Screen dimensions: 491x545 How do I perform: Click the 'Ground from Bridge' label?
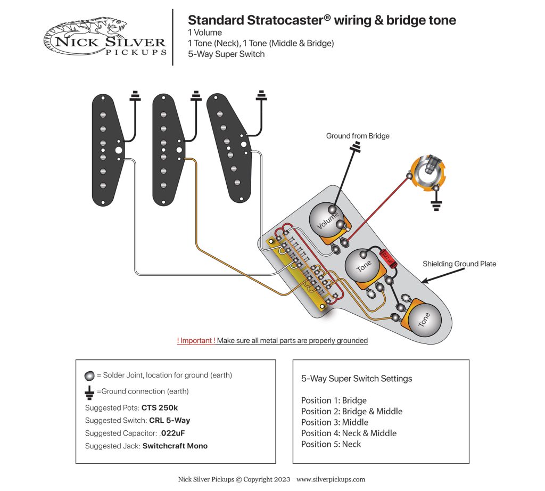(358, 136)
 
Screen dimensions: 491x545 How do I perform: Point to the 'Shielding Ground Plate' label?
(459, 264)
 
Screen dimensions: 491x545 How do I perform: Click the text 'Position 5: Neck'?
(331, 444)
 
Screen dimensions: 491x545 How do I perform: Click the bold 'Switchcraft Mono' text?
(175, 446)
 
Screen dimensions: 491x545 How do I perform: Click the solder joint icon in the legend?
(89, 375)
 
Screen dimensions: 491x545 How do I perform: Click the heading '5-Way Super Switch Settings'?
(357, 379)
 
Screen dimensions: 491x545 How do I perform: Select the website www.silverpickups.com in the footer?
(331, 479)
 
